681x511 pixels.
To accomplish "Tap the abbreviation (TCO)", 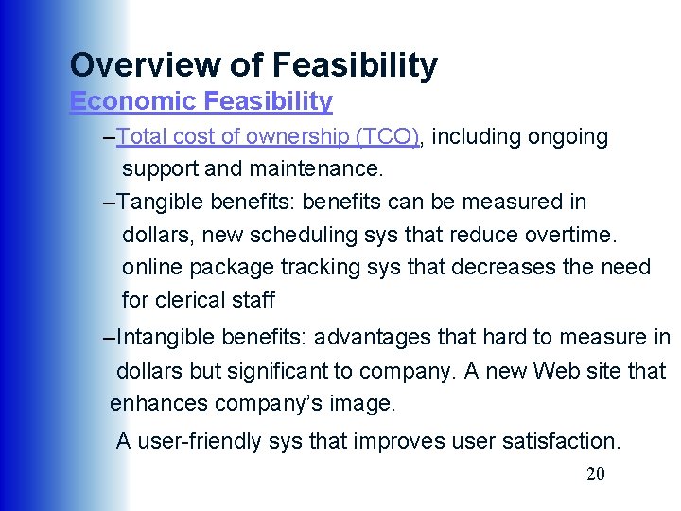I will click(x=388, y=137).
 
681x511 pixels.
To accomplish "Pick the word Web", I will click(x=555, y=371).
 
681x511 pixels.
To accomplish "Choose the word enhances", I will click(x=159, y=404).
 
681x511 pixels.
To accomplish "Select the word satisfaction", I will click(x=560, y=441).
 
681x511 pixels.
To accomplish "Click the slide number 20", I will click(x=596, y=474).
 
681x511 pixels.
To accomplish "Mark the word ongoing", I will click(x=568, y=137).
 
